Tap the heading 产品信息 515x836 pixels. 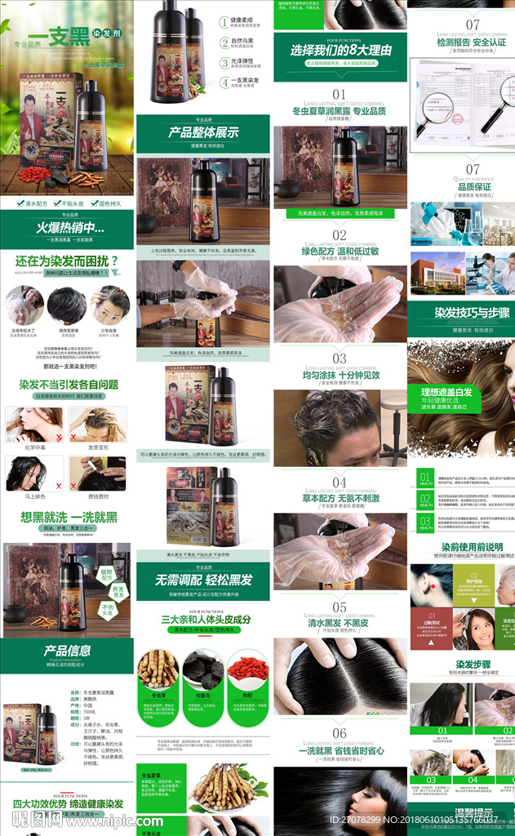click(x=67, y=651)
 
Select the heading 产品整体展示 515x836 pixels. click(x=203, y=132)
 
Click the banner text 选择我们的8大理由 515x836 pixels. click(x=340, y=50)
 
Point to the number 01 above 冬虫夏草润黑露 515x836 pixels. click(x=340, y=95)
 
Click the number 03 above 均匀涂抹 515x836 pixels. click(x=340, y=358)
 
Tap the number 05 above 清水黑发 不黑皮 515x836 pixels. click(x=340, y=607)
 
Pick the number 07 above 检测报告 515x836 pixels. click(x=473, y=24)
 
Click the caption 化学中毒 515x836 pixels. click(x=33, y=447)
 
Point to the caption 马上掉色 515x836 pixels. click(x=33, y=496)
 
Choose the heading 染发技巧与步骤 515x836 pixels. click(x=461, y=313)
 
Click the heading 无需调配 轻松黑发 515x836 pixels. click(x=203, y=580)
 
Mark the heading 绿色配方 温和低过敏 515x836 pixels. click(x=340, y=251)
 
